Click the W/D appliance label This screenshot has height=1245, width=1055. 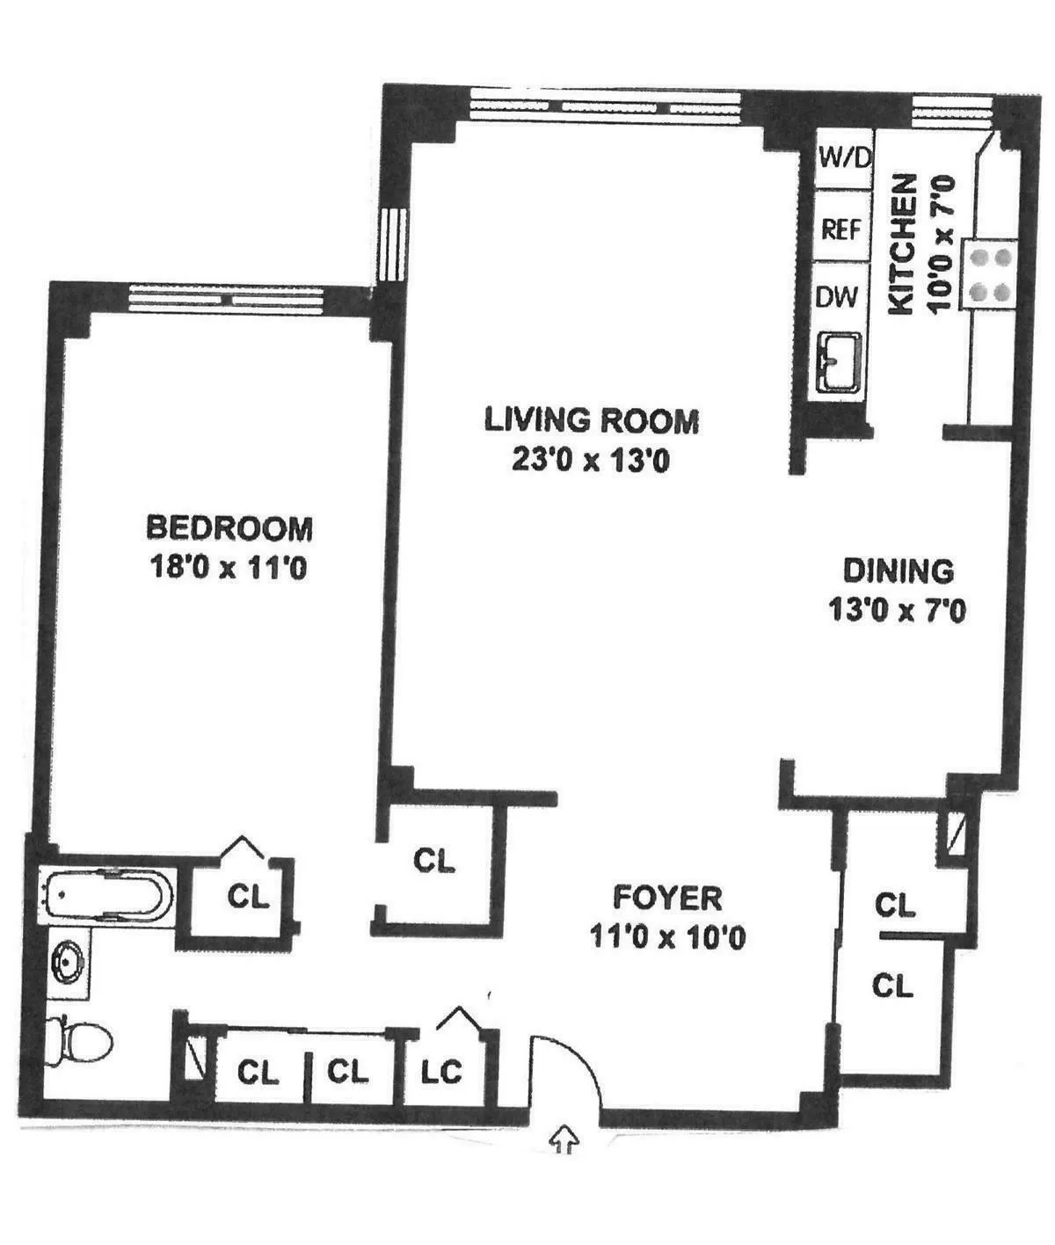coord(844,158)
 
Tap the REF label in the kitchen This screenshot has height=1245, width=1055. coord(841,229)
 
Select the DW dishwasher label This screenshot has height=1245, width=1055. coord(837,297)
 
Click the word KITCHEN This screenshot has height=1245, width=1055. coord(902,244)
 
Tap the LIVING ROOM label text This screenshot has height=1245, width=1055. coord(592,420)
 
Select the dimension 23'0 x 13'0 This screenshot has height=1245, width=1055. coord(591,460)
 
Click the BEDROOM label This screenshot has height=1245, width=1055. coord(229,528)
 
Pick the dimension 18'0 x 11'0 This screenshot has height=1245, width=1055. coord(229,568)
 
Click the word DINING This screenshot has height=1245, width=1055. coord(898,571)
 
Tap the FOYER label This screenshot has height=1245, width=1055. coord(667,898)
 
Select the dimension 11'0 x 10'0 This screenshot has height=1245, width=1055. coord(667,937)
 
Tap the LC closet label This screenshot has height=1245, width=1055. coord(441,1072)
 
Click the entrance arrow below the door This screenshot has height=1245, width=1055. coord(563,1139)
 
